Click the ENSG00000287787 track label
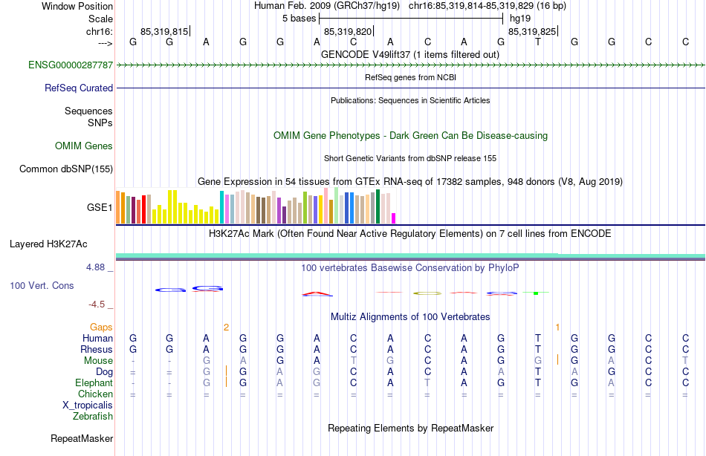click(71, 65)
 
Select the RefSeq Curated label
click(79, 88)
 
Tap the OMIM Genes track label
click(84, 146)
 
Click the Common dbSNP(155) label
click(66, 169)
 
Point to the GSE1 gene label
click(100, 208)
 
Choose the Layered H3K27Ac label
click(48, 244)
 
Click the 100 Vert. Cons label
click(42, 286)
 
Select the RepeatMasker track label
click(82, 439)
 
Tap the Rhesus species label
click(97, 350)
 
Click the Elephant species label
click(94, 383)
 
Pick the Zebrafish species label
click(93, 417)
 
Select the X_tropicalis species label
click(88, 405)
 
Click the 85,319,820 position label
click(348, 32)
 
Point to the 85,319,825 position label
click(531, 32)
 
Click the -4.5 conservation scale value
click(97, 304)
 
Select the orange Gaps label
click(101, 327)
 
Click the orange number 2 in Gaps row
click(226, 327)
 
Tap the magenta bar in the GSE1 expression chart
click(393, 218)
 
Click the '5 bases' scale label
click(299, 18)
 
